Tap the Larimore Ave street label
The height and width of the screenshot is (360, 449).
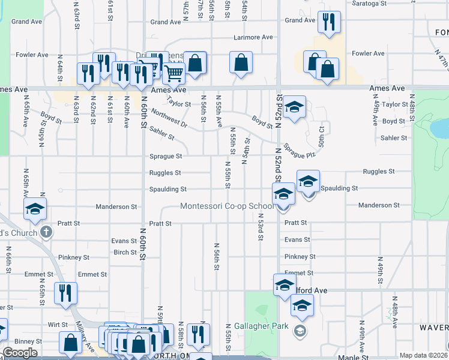254,37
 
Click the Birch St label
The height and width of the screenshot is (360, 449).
125,253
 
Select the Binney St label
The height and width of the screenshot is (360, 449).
30,341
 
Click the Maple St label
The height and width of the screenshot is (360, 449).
348,358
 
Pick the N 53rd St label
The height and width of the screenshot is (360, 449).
261,227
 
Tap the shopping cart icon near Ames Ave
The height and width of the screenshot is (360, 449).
173,74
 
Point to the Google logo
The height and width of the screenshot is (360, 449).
20,353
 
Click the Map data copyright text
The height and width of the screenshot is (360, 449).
423,355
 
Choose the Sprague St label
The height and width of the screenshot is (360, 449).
166,157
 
